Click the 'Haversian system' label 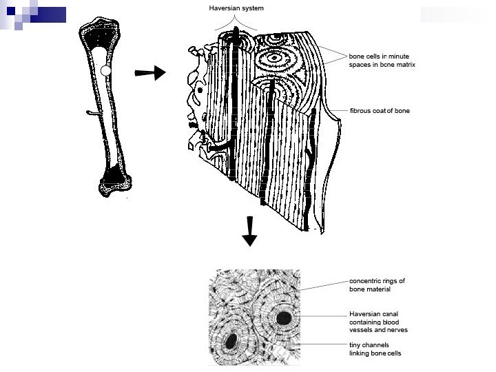(236, 8)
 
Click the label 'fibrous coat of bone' (380, 110)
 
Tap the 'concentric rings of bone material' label (377, 285)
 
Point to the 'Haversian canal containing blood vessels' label (378, 322)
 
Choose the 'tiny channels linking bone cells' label (375, 349)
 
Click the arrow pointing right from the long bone (150, 72)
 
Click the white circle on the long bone (105, 70)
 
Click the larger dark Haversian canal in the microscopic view (284, 318)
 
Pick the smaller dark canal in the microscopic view (232, 340)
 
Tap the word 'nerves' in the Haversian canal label (397, 330)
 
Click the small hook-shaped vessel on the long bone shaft (92, 112)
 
